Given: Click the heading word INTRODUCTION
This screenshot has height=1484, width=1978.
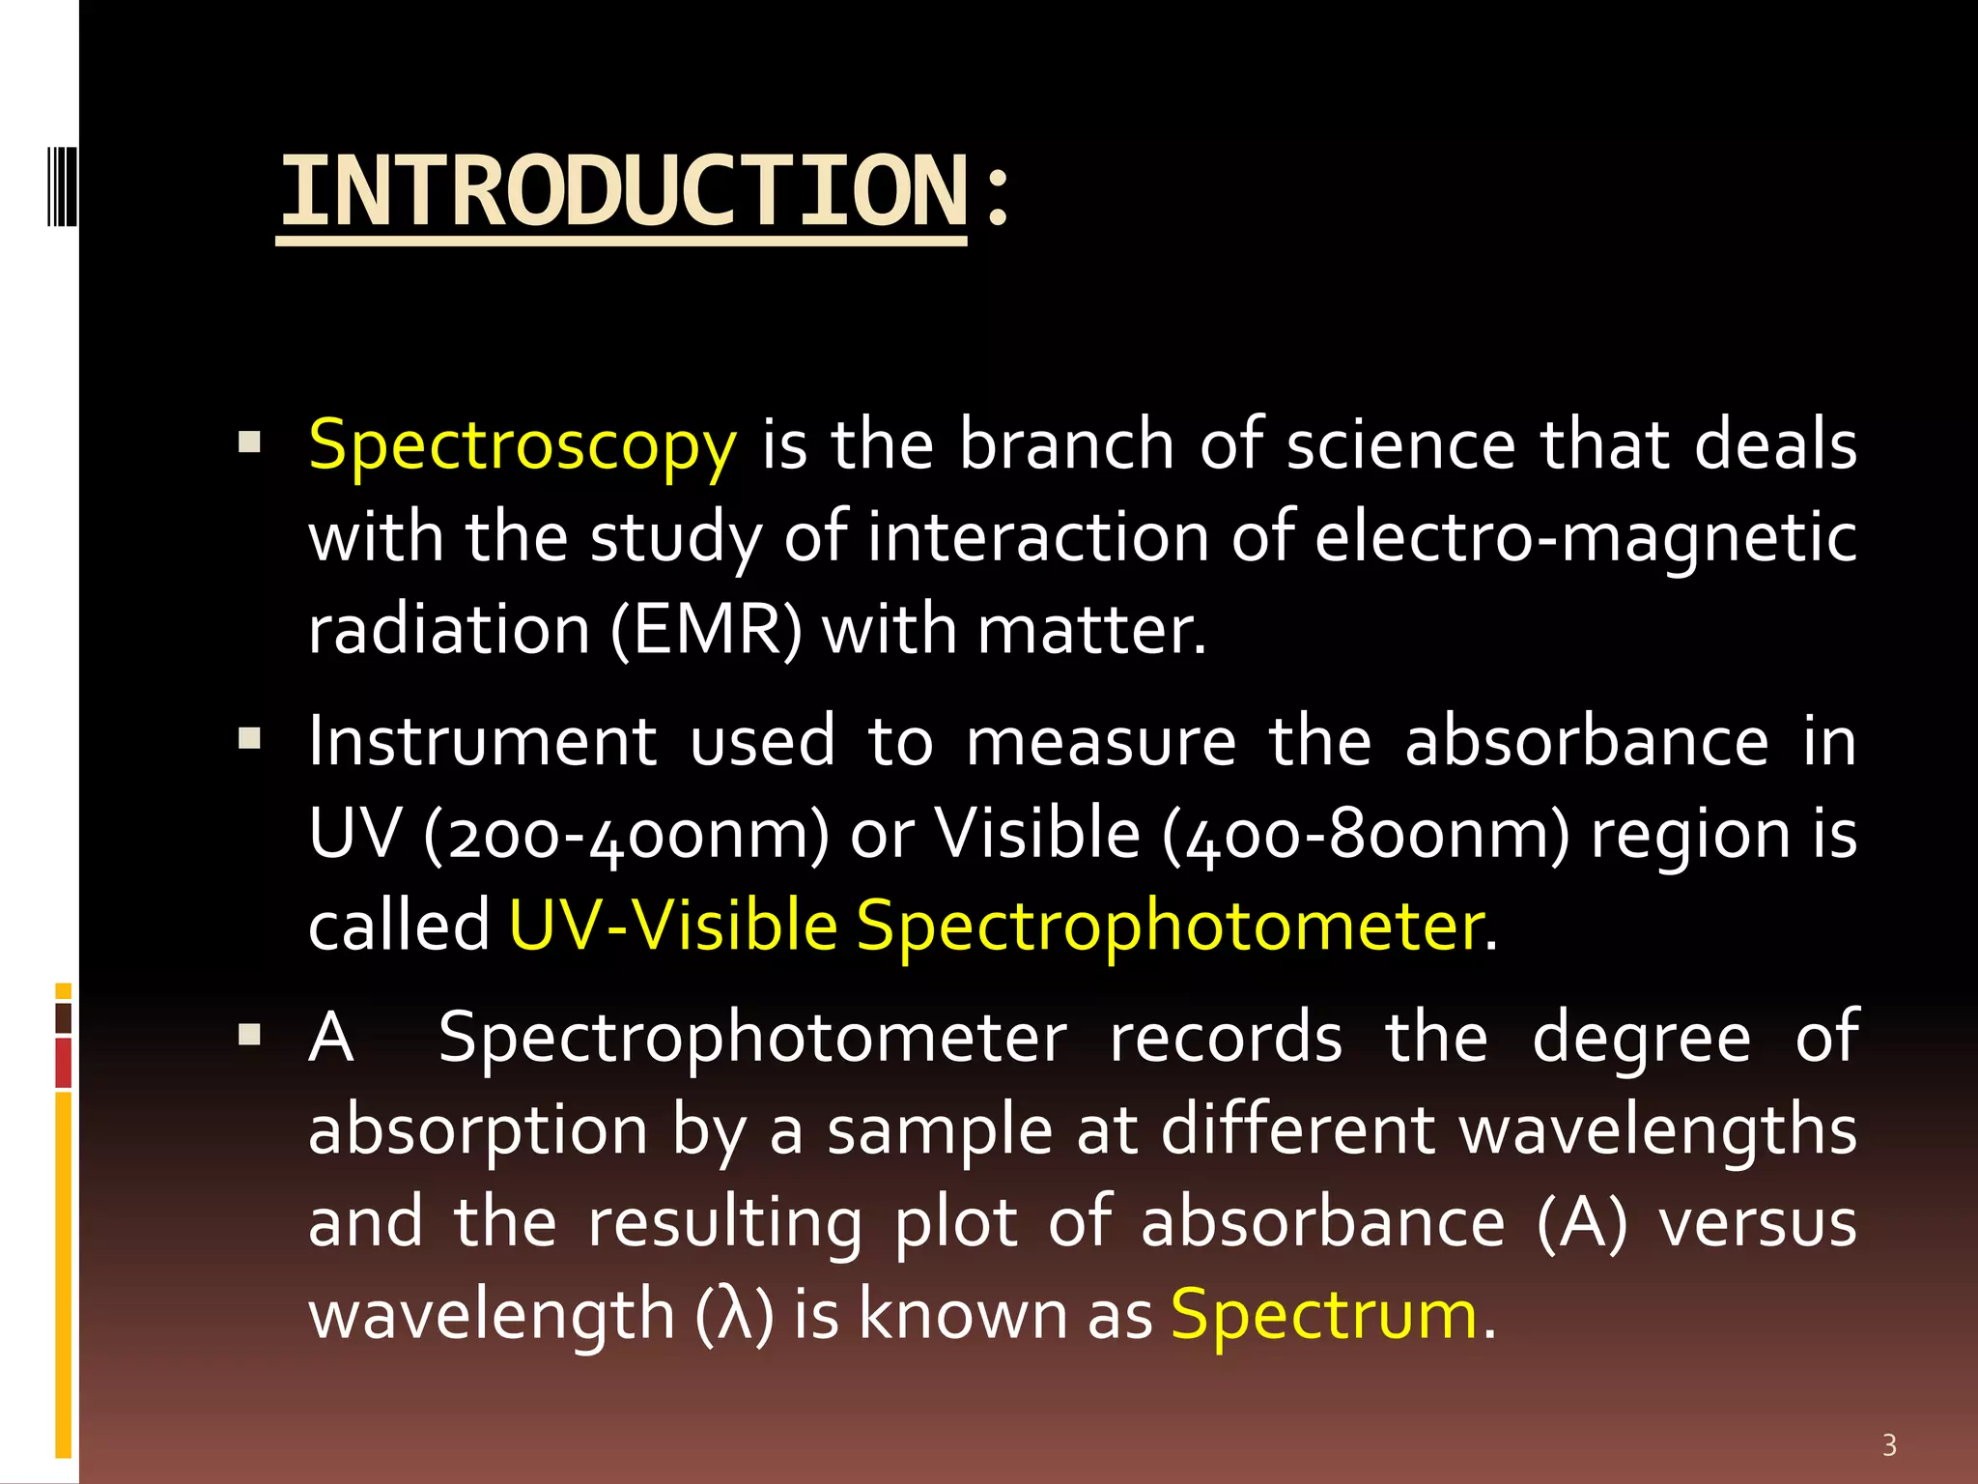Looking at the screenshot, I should coord(623,192).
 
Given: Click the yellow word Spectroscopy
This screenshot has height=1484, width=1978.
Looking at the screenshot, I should coord(522,445).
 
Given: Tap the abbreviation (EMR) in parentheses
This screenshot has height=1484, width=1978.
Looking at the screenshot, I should coord(706,631).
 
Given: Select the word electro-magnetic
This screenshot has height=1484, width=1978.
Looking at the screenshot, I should coord(1585,538).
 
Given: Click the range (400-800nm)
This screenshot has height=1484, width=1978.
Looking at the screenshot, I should coord(1366,834).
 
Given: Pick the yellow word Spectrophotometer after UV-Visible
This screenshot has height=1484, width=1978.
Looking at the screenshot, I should coord(1170,926).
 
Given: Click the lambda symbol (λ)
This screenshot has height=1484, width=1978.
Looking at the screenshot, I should coord(734,1316).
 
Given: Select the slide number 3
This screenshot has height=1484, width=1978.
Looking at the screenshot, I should coord(1889,1445).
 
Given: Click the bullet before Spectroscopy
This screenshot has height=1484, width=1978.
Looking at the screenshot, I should coord(250,443).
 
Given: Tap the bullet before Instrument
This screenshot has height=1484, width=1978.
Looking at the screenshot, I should coord(250,740).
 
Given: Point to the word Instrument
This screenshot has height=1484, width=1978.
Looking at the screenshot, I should coord(483,742).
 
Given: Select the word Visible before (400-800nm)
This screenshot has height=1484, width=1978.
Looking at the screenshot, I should coord(1038,834).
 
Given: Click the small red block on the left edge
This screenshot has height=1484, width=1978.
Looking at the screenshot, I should coord(64,1063).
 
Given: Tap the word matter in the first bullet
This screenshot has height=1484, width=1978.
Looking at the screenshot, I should coord(1090,631).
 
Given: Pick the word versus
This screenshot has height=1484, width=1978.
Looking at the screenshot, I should coord(1757,1222).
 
